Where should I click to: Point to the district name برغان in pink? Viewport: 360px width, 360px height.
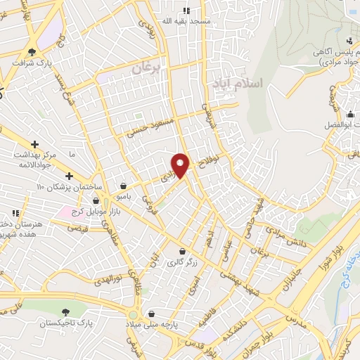[x=146, y=69]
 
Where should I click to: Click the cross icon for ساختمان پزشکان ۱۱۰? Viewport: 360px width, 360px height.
[x=69, y=176]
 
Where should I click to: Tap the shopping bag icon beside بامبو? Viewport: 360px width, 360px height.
[x=124, y=186]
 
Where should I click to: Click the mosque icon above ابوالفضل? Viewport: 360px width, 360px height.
[x=349, y=112]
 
